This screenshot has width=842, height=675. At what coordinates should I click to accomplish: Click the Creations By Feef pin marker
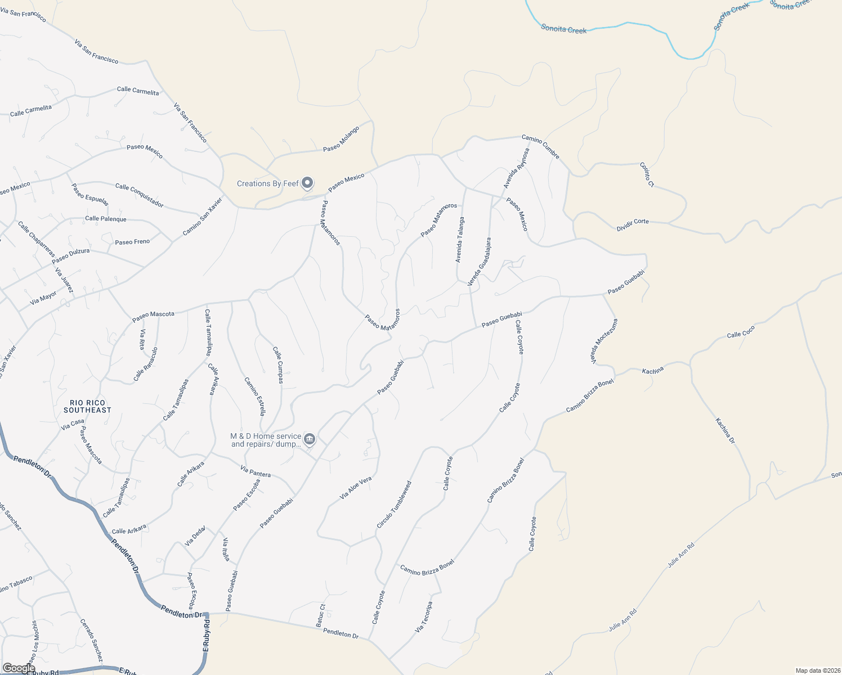(307, 183)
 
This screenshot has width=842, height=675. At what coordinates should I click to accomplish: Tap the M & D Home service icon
(309, 439)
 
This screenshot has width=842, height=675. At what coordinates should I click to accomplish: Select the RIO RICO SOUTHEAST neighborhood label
(87, 406)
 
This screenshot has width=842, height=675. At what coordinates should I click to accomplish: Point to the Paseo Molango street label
(341, 139)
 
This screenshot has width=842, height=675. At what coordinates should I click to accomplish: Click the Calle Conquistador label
(139, 195)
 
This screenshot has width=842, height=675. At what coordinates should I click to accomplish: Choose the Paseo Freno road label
(132, 242)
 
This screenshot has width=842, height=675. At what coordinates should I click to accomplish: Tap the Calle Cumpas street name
(278, 365)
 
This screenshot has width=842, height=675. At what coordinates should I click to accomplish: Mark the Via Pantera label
(255, 471)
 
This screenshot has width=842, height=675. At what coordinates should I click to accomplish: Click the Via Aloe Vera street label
(356, 488)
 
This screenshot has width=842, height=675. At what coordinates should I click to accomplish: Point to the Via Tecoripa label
(424, 617)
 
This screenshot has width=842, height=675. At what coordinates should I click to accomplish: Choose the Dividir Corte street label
(633, 225)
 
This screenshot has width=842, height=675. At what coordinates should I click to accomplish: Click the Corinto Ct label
(647, 174)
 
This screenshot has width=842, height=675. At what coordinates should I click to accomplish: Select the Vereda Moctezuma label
(597, 341)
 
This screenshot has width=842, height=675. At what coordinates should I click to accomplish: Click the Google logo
(19, 668)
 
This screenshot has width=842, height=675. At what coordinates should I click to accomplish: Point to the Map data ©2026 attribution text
(817, 670)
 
